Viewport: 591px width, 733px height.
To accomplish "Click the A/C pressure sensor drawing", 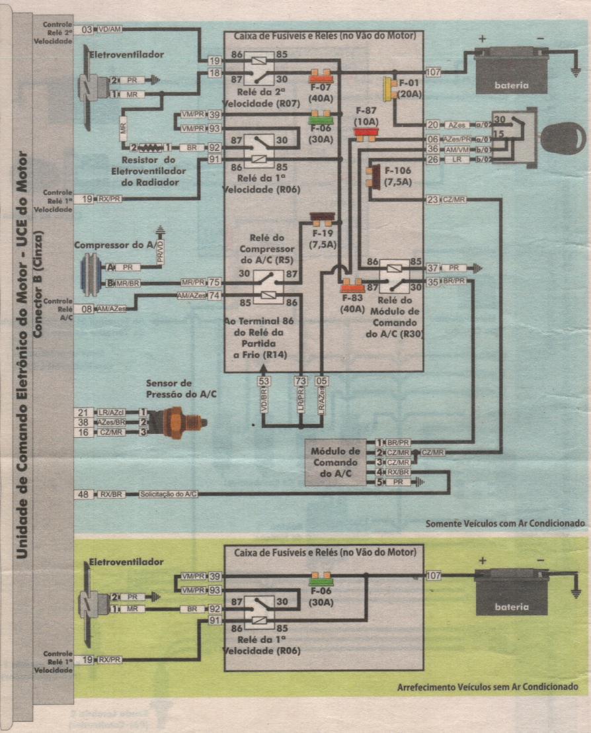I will tap(178, 421).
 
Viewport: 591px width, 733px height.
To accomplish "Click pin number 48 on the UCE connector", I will tap(84, 494).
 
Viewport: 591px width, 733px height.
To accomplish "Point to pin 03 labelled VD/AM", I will tap(87, 30).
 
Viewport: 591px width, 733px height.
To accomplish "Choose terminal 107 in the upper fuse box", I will tap(434, 71).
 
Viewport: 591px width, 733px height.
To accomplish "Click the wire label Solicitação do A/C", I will tap(167, 494).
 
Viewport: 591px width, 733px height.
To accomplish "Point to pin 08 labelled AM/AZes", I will tap(87, 308).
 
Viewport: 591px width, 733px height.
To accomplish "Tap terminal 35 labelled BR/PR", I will tap(433, 281).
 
